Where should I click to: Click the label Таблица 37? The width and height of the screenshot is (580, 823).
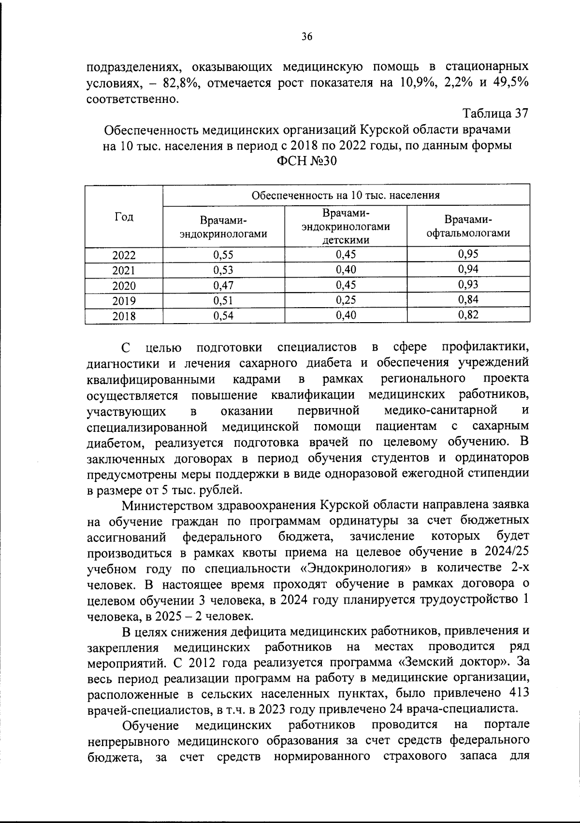[496, 114]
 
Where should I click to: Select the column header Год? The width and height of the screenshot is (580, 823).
[124, 217]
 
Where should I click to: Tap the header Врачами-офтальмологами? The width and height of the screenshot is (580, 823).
[468, 227]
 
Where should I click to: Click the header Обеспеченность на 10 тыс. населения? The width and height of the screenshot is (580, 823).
[346, 195]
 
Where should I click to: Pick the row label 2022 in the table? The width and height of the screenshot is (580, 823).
[124, 255]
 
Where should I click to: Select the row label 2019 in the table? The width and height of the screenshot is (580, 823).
[124, 301]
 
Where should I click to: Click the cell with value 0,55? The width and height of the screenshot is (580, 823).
[223, 255]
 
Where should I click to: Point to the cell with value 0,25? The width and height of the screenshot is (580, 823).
[346, 300]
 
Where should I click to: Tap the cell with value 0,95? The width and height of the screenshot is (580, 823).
[468, 254]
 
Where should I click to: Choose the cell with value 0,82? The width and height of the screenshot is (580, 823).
[468, 315]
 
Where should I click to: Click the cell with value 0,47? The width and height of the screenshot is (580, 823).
[223, 285]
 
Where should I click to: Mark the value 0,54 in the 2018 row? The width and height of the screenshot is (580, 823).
[223, 316]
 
